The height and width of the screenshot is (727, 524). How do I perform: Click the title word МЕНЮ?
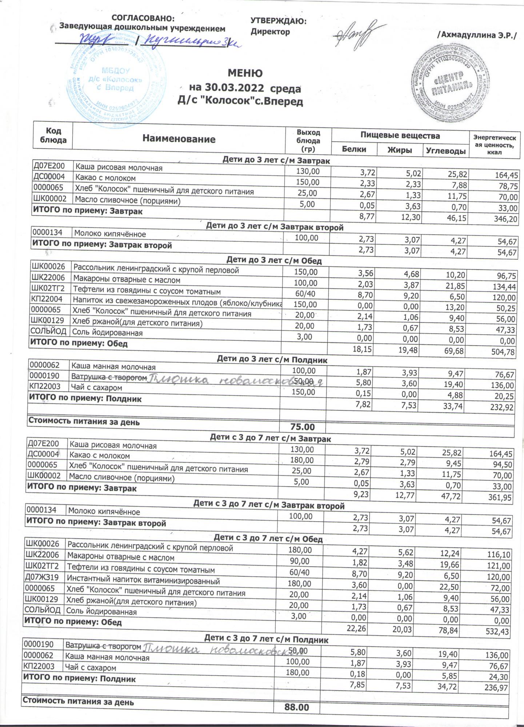coord(245,73)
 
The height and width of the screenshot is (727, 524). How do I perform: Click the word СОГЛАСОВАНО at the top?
coord(143,18)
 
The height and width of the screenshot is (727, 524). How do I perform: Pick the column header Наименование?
coord(179,138)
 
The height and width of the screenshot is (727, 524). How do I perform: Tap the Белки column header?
coord(354,149)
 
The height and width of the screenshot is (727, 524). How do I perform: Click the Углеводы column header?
coord(445,150)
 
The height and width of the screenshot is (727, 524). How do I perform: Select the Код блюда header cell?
coord(53,136)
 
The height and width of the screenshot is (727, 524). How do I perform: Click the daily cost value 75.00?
coord(303,427)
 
